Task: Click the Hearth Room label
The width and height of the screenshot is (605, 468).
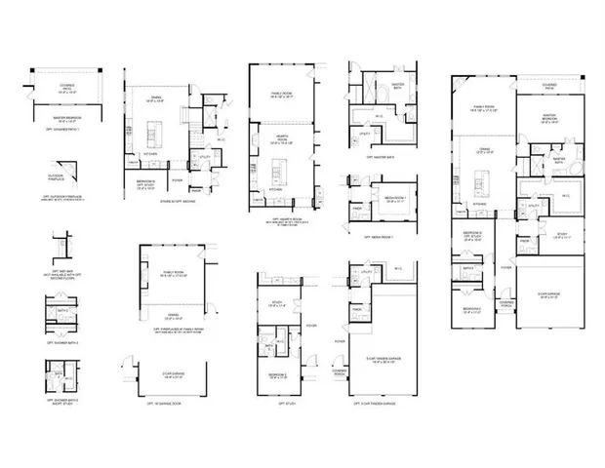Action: (282, 139)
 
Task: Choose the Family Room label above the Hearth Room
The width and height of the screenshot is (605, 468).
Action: (281, 95)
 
